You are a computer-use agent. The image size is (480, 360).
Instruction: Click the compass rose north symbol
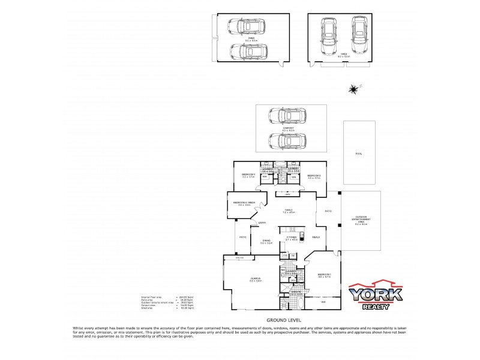pos(353,89)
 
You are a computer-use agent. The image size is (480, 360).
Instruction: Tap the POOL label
pos(359,154)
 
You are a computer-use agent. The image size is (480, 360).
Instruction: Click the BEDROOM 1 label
pos(325,275)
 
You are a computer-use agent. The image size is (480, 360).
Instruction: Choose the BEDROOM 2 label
pos(314,176)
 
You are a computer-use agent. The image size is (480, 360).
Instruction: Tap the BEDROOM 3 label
pos(249,176)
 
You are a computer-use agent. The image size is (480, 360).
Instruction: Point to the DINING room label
pos(266,241)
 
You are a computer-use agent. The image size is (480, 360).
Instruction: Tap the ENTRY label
pos(262,223)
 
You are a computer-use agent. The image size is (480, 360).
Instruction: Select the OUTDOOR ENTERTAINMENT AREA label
pos(361,222)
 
